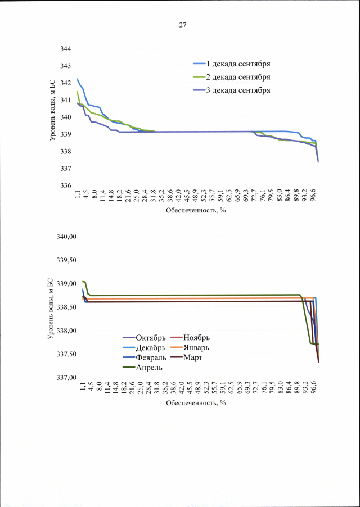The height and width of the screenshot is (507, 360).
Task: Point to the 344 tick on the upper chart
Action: click(x=66, y=49)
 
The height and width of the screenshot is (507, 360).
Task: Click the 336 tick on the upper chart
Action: click(x=66, y=185)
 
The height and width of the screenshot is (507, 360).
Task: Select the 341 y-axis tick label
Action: click(x=66, y=100)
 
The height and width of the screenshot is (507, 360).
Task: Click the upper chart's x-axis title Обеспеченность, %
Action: click(x=196, y=211)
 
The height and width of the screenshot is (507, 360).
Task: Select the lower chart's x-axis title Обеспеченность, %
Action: click(x=196, y=403)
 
